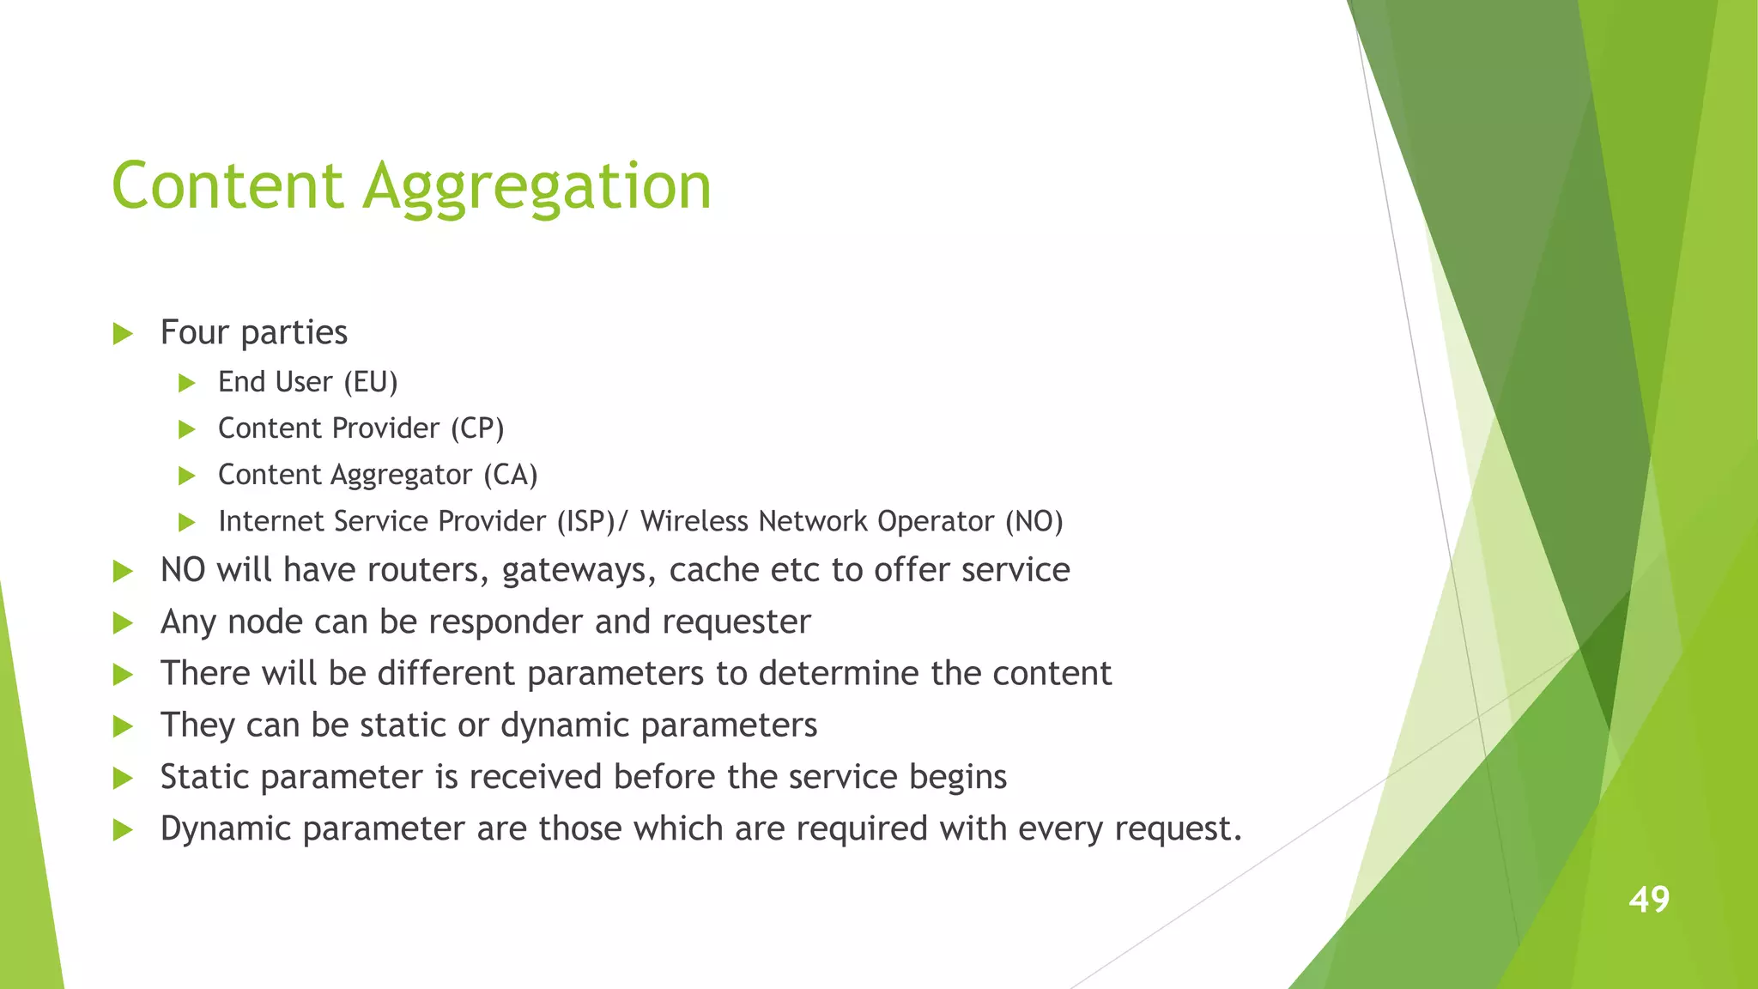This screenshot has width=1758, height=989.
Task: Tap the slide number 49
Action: (x=1649, y=900)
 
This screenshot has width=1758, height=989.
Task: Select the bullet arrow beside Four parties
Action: (x=123, y=334)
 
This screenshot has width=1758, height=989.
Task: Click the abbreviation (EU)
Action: (x=371, y=382)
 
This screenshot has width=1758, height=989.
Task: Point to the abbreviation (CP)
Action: (x=477, y=428)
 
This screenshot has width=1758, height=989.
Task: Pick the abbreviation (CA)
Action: (x=510, y=475)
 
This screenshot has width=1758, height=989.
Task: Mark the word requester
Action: (x=737, y=622)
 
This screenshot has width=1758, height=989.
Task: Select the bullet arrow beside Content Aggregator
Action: (x=187, y=476)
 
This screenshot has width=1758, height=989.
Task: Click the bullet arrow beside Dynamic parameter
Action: (x=123, y=830)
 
